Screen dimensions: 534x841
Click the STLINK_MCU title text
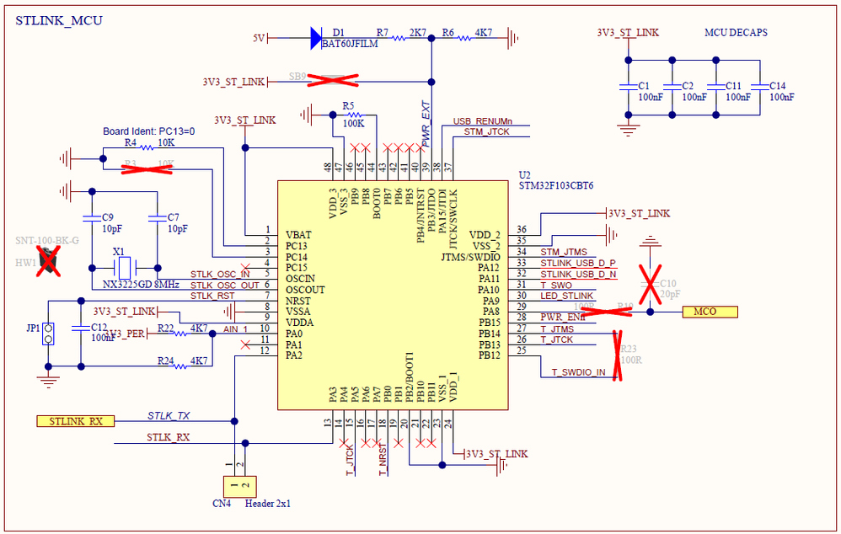59,20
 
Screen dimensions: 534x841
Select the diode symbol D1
316,37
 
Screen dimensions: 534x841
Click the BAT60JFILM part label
349,45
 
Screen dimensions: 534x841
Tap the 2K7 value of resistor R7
417,32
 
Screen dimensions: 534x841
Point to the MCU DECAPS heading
736,33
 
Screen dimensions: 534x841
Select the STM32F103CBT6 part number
557,185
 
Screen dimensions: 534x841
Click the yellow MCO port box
709,312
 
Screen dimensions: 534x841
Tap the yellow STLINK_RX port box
75,420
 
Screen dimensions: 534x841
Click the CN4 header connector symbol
238,486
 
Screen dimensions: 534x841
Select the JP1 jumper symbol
49,334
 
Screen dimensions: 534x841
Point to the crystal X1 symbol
123,268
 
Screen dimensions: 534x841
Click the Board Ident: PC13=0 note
149,131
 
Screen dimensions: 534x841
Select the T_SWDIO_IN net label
578,372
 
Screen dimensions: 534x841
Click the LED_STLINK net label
567,296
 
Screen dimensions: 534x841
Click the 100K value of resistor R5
354,124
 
